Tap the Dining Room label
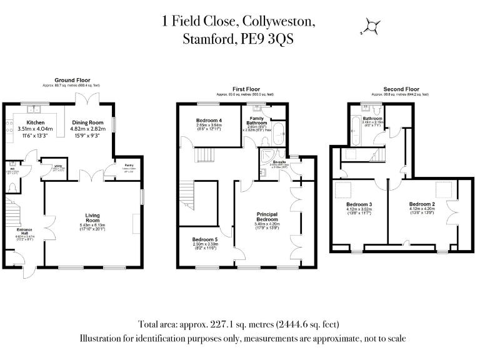click(x=87, y=122)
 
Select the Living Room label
click(x=92, y=218)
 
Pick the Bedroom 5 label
click(x=205, y=240)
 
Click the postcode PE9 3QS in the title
click(x=267, y=39)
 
